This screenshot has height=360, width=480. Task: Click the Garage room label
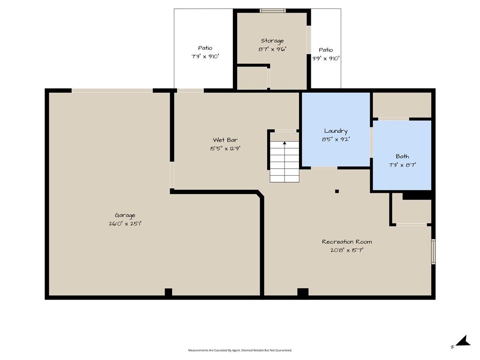125,215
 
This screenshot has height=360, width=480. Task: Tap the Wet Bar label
225,140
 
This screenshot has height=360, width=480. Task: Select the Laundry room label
336,131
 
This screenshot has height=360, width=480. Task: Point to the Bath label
402,157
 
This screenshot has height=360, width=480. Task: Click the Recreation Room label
347,241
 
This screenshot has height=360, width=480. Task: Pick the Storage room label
272,41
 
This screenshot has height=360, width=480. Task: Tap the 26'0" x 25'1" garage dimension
125,224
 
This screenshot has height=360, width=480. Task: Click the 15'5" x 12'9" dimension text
225,149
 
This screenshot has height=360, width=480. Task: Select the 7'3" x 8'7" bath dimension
402,165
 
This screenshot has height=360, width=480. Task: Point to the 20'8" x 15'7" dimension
347,250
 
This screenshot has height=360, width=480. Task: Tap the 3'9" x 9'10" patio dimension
326,58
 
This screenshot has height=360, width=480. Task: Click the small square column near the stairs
337,191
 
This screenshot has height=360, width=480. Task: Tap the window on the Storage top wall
273,11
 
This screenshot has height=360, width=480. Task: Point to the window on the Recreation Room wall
434,251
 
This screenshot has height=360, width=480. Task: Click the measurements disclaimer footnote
240,350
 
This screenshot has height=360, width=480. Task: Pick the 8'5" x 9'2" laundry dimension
336,139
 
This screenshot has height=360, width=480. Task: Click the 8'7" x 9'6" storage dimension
272,49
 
